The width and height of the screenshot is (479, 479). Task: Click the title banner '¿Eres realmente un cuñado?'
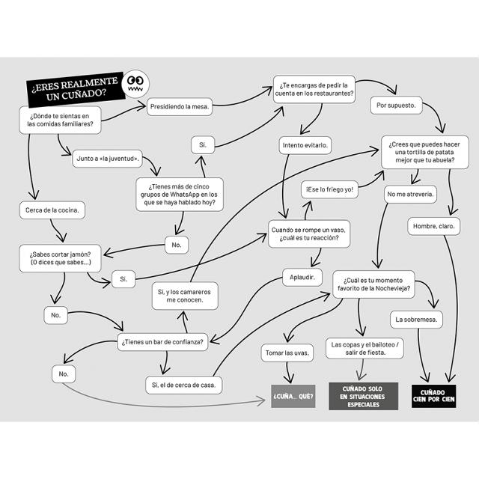click(76, 89)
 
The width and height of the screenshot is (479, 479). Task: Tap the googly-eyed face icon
click(135, 84)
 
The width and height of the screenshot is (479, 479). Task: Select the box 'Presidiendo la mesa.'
click(180, 106)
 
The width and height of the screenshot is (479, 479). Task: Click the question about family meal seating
click(60, 120)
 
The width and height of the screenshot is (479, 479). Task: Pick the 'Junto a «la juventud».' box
click(108, 159)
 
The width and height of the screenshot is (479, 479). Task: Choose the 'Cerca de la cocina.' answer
click(52, 210)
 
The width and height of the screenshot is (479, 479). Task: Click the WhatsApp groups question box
click(180, 195)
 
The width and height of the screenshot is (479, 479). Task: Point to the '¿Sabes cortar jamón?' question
click(60, 258)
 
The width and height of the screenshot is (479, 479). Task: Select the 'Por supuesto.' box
click(396, 106)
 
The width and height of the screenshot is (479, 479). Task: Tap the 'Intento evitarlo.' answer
click(305, 145)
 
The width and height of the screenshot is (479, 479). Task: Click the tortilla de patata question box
click(425, 152)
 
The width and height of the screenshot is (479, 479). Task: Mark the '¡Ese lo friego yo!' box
click(329, 189)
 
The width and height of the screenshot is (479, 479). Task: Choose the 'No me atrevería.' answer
click(410, 195)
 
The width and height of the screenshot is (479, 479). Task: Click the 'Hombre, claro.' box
click(434, 226)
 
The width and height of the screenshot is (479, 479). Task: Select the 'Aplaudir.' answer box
click(302, 278)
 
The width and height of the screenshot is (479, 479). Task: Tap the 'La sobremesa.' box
click(416, 320)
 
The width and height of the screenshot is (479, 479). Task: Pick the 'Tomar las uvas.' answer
click(287, 353)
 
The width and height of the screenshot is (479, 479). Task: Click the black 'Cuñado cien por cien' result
click(434, 396)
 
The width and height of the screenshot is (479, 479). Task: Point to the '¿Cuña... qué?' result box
click(293, 396)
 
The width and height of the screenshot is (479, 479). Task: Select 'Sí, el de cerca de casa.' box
click(184, 385)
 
